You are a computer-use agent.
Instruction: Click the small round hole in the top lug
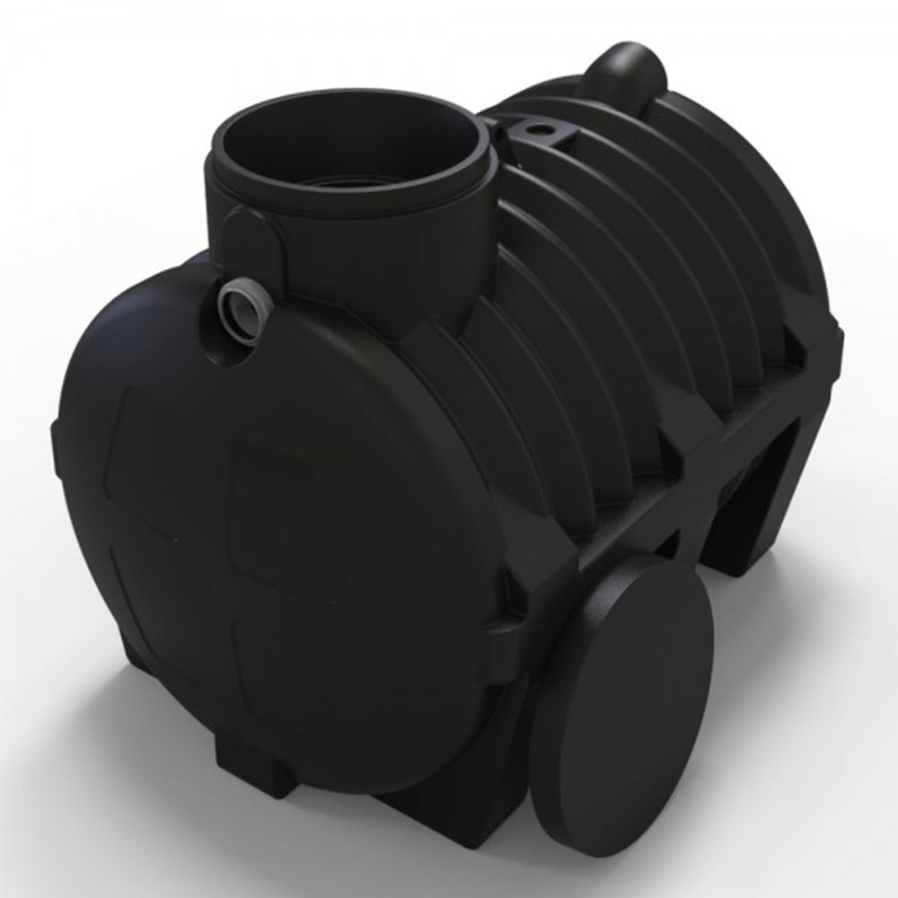tap(541, 132)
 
